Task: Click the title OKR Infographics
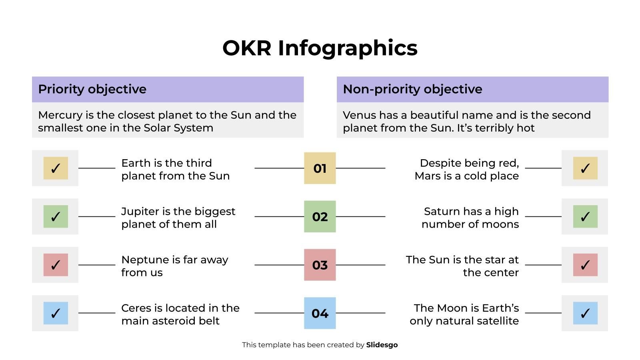pos(320,48)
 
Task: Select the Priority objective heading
pos(92,89)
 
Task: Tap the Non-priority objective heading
pos(412,89)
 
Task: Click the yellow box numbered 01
pos(320,168)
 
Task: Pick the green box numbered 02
pos(320,217)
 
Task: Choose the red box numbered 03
pos(320,265)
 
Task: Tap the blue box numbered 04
pos(320,313)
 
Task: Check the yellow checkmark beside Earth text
pos(56,168)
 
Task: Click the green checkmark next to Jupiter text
pos(56,216)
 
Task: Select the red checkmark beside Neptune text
pos(56,265)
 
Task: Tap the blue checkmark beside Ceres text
pos(56,313)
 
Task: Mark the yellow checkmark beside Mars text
pos(585,168)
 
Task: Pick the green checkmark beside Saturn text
pos(585,216)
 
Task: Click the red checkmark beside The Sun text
pos(585,265)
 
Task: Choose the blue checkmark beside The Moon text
pos(585,313)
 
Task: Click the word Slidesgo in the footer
pos(382,345)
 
